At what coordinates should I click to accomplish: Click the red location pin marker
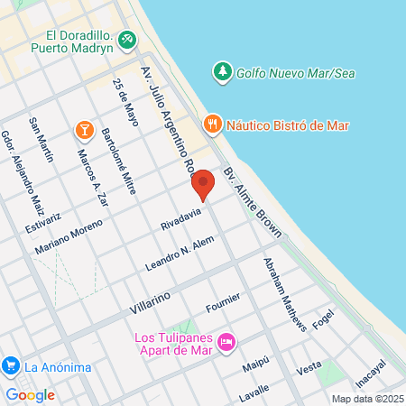pyautogui.click(x=203, y=183)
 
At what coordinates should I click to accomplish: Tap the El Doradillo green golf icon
pyautogui.click(x=128, y=41)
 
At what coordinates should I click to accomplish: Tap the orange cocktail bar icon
pyautogui.click(x=84, y=131)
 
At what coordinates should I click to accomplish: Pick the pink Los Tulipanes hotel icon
pyautogui.click(x=226, y=341)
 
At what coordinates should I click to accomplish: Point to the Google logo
pyautogui.click(x=30, y=394)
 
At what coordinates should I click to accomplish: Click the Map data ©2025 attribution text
pyautogui.click(x=367, y=399)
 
